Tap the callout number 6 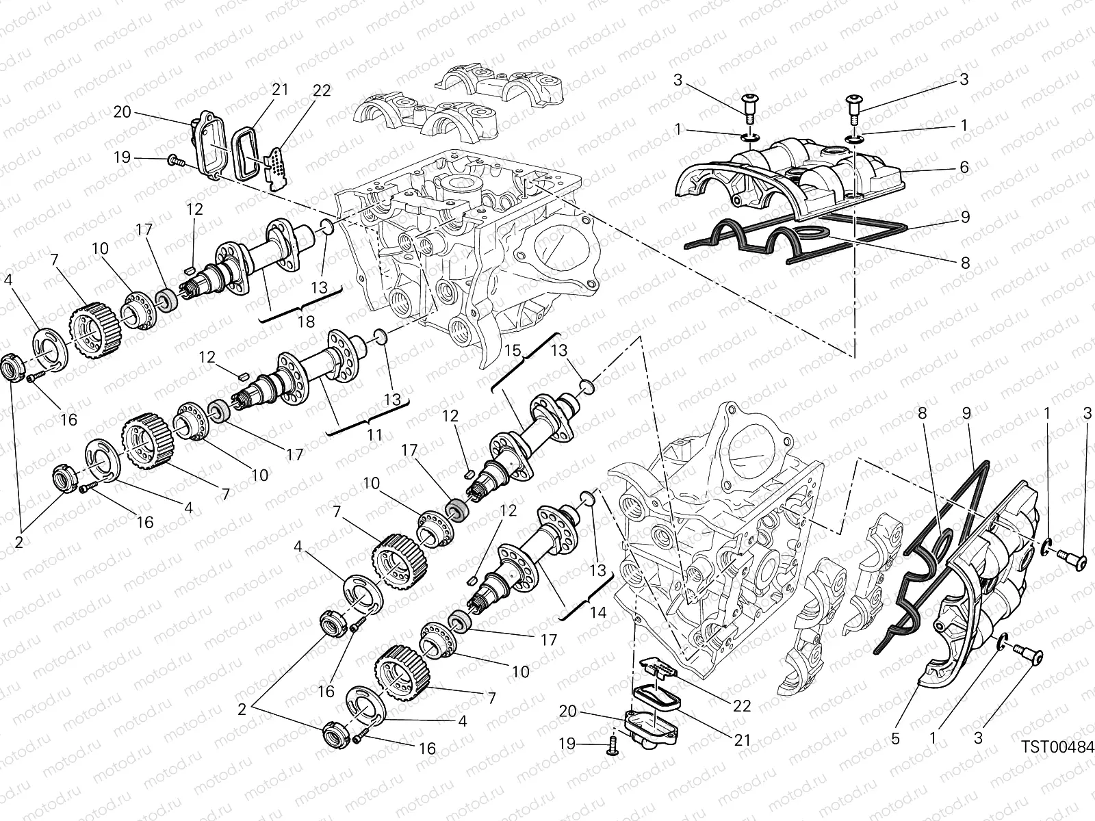coord(964,167)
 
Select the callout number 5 coord(896,739)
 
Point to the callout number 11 coord(374,436)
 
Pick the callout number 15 coord(512,351)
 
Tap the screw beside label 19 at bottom coord(612,749)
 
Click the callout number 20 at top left coord(122,112)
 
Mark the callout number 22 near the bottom coord(742,706)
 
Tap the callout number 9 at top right coord(965,217)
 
